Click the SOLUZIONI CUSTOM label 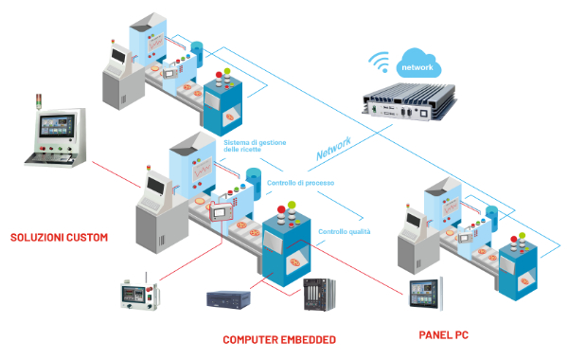point(59,238)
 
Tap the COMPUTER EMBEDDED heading point(279,340)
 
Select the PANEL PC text point(443,335)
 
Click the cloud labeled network point(418,63)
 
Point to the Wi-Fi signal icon point(380,62)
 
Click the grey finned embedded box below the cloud point(409,102)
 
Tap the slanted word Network point(333,149)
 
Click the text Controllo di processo point(300,183)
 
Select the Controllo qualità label point(345,232)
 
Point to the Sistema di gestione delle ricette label point(255,146)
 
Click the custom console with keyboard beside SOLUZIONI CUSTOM point(56,137)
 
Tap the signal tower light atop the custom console point(39,101)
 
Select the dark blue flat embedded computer point(228,299)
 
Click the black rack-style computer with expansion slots point(319,295)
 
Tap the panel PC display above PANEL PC point(426,294)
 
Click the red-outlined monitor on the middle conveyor point(222,211)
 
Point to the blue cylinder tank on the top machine point(198,54)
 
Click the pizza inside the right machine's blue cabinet point(524,281)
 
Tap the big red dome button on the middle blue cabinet point(281,209)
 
